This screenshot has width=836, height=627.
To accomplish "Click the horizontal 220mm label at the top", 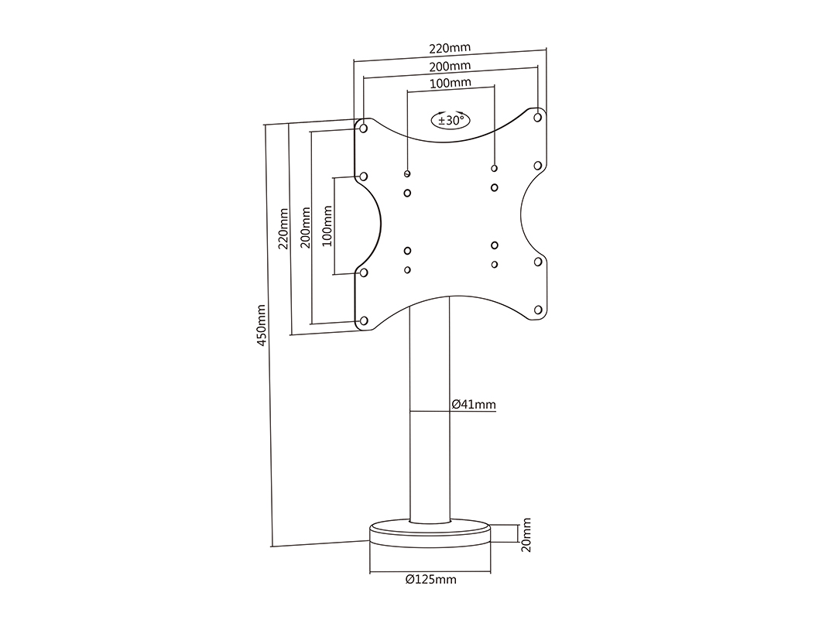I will point(450,50).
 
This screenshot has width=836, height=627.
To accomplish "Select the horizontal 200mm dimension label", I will point(450,67).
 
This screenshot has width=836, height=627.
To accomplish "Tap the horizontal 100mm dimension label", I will point(450,83).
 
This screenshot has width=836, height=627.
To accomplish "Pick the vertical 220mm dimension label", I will point(283,228).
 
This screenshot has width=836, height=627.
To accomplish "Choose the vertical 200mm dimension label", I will point(306,228).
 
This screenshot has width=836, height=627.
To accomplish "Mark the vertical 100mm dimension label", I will point(328,225).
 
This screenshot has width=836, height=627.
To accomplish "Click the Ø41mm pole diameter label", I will point(473,404).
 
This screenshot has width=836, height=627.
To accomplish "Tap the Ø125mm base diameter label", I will point(430,580).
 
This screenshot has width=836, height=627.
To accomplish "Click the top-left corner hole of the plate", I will point(363,128).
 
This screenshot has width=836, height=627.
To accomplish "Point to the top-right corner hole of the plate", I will point(537,118).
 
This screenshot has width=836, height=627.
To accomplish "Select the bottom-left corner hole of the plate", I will point(363,320).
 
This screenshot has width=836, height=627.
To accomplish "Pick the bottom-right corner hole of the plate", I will point(537,310).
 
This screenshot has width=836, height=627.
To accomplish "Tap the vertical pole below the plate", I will point(430,449).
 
